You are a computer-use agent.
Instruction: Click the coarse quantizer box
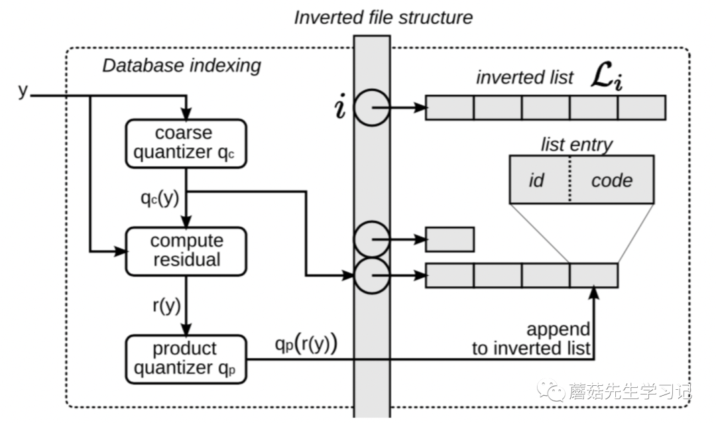click(x=185, y=143)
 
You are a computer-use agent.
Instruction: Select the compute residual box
click(x=186, y=250)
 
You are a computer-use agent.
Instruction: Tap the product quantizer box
click(x=185, y=359)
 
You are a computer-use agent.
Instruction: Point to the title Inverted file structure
click(x=384, y=17)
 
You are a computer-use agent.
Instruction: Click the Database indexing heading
click(x=181, y=66)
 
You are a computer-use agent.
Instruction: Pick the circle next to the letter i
click(x=371, y=107)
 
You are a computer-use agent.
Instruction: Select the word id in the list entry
click(x=536, y=180)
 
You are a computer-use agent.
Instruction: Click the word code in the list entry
click(x=612, y=180)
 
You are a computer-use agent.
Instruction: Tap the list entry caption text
click(x=577, y=144)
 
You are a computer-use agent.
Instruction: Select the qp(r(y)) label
click(x=306, y=345)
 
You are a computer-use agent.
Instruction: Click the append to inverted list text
click(x=530, y=339)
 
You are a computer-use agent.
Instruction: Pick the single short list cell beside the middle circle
click(x=449, y=239)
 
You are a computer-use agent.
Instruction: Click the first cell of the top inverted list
click(x=449, y=107)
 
